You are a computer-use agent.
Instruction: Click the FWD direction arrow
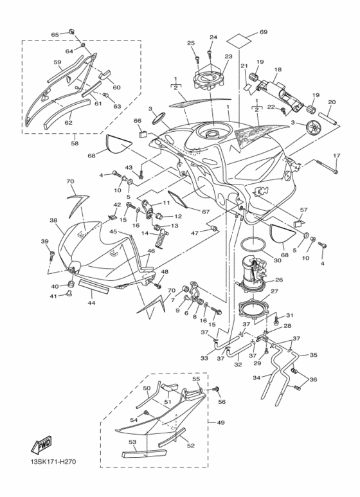point(41,444)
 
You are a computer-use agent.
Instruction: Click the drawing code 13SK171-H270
point(51,462)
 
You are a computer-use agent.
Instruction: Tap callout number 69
point(264,32)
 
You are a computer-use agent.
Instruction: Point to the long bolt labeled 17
point(326,167)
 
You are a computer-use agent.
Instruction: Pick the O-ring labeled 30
point(253,246)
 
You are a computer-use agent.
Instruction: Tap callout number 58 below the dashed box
point(75,143)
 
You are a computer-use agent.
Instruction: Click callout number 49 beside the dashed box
point(221,422)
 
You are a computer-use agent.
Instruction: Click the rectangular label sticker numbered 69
point(240,40)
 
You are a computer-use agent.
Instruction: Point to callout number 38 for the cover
point(53,220)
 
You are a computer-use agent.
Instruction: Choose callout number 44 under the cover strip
point(91,303)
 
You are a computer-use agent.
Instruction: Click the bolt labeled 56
point(217,389)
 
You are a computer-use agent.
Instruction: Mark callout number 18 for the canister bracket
point(278,69)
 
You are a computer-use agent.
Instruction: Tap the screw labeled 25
point(197,58)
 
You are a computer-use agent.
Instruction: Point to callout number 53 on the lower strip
point(132,442)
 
